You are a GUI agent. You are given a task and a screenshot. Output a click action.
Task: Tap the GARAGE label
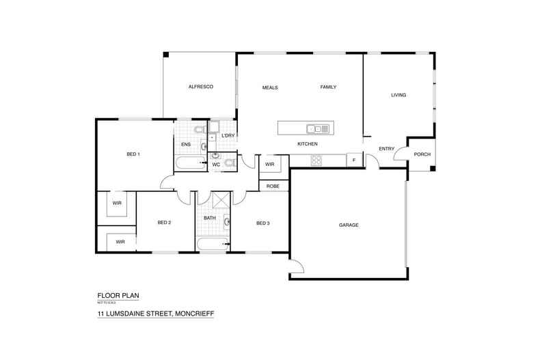point(349,225)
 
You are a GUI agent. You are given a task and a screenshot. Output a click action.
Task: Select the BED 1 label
point(133,154)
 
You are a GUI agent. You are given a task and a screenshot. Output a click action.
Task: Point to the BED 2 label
point(164,223)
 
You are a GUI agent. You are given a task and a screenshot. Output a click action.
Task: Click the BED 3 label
point(263,223)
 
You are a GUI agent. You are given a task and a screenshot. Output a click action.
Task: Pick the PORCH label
point(422,154)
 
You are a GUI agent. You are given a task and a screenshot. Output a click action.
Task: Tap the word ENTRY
point(387,149)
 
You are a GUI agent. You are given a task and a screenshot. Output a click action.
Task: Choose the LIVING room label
point(399,95)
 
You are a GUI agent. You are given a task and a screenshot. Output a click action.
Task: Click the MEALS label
point(270,87)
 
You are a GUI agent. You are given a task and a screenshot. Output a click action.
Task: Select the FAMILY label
point(329,87)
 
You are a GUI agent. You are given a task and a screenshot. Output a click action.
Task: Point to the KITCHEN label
point(307,144)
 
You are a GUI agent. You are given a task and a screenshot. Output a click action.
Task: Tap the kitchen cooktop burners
point(316,161)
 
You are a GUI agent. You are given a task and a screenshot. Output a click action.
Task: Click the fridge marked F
point(354,161)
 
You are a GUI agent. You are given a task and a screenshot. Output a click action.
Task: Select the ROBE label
point(272,185)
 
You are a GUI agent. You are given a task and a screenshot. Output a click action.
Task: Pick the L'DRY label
point(228,135)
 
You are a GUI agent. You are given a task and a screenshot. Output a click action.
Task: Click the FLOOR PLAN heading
point(119,296)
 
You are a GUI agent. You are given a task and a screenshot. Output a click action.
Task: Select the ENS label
point(185,144)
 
